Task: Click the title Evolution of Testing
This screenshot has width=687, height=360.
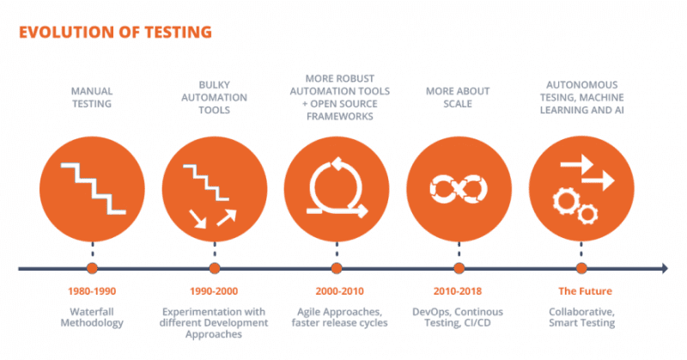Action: tap(115, 33)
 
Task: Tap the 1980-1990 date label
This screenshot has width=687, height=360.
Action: tap(92, 291)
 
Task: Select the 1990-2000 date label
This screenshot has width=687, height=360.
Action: tap(214, 291)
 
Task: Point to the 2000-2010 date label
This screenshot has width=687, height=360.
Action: tap(337, 291)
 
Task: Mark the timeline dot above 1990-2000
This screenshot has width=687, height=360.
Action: tap(214, 269)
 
